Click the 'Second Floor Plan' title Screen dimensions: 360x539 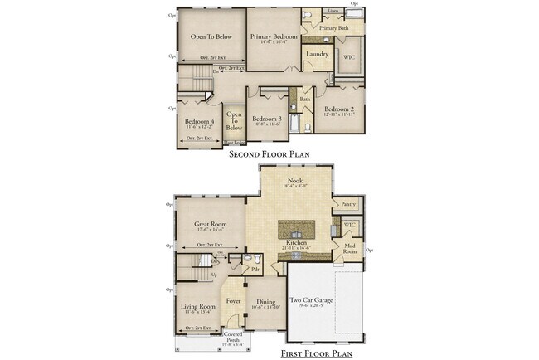point(269,154)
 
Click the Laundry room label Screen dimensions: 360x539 point(317,55)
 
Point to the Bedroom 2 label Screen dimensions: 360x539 point(340,109)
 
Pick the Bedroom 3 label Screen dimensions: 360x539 point(267,119)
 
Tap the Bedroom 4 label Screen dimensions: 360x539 point(200,122)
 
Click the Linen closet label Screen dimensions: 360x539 point(333,11)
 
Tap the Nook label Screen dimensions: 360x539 point(294,180)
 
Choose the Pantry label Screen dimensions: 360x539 point(347,203)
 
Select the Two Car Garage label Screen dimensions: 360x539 point(311,301)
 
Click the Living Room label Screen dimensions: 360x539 point(198,307)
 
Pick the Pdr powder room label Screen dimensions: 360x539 point(255,270)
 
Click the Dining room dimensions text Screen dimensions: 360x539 point(266,308)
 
